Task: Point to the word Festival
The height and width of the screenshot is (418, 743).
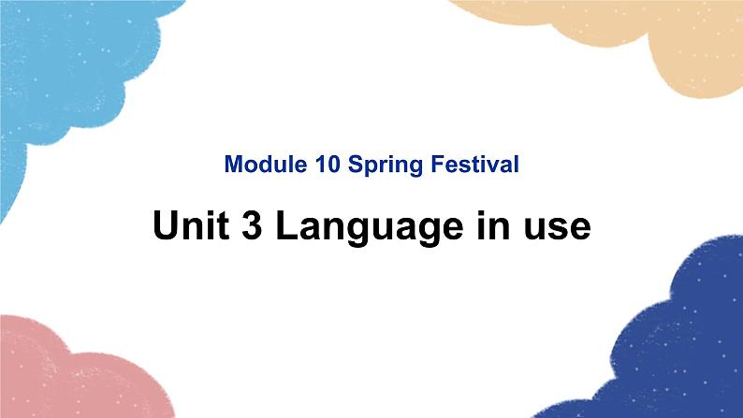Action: [x=473, y=166]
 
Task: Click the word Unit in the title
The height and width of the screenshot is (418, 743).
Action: [x=184, y=227]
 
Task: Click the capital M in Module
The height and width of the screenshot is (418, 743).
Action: [x=233, y=166]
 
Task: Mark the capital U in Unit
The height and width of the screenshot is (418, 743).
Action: [x=166, y=227]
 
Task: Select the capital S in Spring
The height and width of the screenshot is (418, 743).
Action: [x=355, y=166]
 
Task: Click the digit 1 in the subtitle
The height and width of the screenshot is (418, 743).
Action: [x=320, y=166]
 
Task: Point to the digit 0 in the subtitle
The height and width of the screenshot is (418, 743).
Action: [x=333, y=166]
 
